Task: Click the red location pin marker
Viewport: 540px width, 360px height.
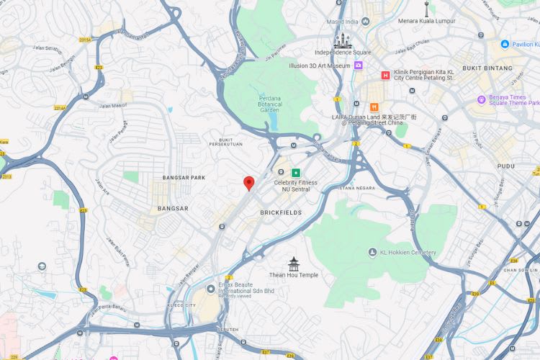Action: coord(249,183)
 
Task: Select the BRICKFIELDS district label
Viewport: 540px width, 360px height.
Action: coord(282,213)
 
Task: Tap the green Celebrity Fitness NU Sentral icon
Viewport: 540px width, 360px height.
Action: coord(295,172)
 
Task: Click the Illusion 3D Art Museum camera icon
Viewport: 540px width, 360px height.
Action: coord(358,66)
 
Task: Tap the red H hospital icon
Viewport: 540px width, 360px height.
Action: coord(386,75)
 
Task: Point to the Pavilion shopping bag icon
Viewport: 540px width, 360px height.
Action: coord(505,44)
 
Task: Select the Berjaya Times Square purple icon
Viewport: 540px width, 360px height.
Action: coord(482,99)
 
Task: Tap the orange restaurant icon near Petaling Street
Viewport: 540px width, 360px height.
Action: coord(374,107)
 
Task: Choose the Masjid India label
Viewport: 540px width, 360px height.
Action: coord(343,22)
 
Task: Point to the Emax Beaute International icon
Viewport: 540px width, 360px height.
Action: coord(212,287)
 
